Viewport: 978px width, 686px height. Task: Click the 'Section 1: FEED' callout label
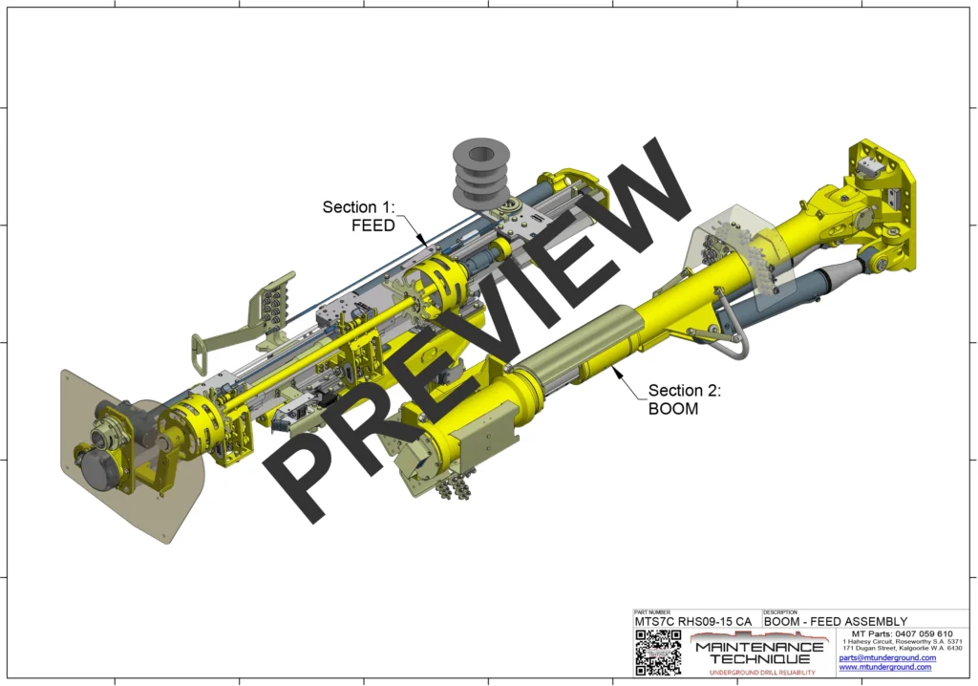[358, 216]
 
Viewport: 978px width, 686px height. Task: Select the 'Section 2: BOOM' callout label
[684, 399]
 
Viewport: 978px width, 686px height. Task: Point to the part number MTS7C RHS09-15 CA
[693, 622]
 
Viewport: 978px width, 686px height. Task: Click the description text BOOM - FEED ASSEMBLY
[836, 622]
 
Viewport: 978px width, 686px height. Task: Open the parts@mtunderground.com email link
[887, 657]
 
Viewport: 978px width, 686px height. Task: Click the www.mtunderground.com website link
[884, 667]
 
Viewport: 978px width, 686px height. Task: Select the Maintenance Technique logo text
[760, 653]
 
